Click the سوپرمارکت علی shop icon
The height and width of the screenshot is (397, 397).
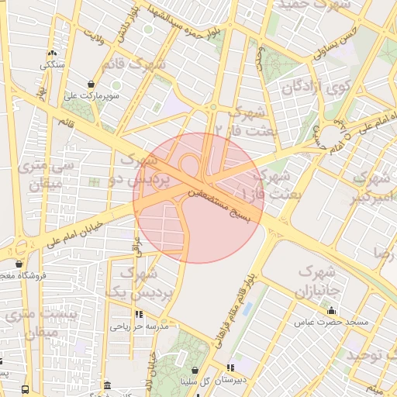pos(91,84)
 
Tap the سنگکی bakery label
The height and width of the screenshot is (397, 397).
pos(53,65)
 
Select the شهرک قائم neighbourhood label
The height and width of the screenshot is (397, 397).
pos(134,66)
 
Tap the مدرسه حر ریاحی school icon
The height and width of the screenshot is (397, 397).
pos(139,315)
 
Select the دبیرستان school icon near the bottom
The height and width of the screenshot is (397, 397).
pos(230,368)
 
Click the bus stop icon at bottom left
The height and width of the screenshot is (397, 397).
pos(26,389)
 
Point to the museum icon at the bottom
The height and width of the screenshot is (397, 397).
pos(106,385)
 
